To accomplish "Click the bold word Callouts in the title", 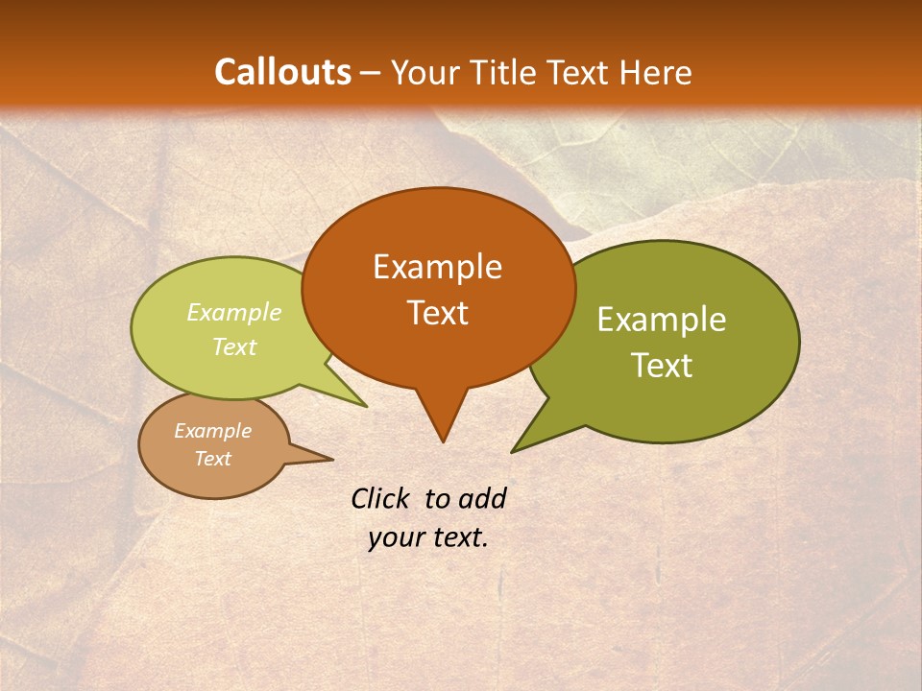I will pyautogui.click(x=282, y=72).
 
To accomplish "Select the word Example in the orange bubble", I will pyautogui.click(x=437, y=267).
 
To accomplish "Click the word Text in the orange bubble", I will pyautogui.click(x=437, y=313).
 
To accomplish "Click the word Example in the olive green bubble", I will pyautogui.click(x=662, y=320).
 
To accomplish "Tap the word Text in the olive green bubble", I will pyautogui.click(x=662, y=366).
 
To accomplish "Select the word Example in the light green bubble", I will pyautogui.click(x=234, y=313).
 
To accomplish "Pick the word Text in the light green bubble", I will pyautogui.click(x=234, y=347).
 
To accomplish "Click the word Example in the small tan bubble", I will pyautogui.click(x=212, y=431).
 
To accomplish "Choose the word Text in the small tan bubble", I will pyautogui.click(x=212, y=459).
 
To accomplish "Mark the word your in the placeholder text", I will pyautogui.click(x=394, y=537).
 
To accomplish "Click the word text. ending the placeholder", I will pyautogui.click(x=457, y=537).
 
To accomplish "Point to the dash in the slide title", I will pyautogui.click(x=372, y=73).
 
